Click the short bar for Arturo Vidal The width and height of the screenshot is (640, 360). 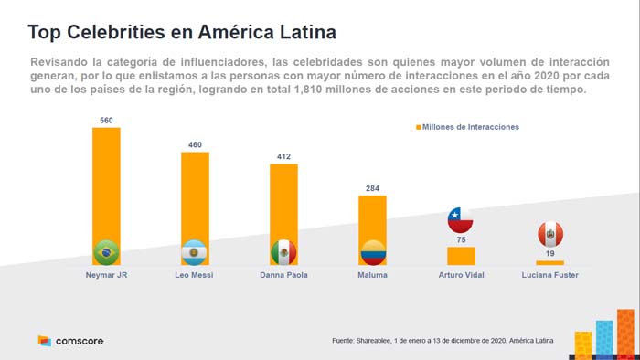pyautogui.click(x=461, y=256)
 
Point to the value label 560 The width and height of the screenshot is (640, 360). pyautogui.click(x=106, y=120)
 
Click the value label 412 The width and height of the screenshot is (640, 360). pyautogui.click(x=283, y=156)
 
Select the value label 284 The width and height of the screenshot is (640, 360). pyautogui.click(x=372, y=188)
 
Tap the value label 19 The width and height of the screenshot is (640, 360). pyautogui.click(x=549, y=254)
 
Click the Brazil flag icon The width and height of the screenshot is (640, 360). pyautogui.click(x=107, y=251)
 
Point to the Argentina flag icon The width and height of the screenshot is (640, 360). pyautogui.click(x=195, y=251)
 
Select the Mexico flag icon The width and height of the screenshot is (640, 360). pyautogui.click(x=283, y=251)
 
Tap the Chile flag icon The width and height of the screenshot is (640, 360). pyautogui.click(x=461, y=220)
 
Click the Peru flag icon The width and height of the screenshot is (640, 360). pyautogui.click(x=549, y=234)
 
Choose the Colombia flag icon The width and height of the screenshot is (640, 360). pyautogui.click(x=372, y=251)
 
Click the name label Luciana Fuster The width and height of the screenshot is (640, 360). pyautogui.click(x=549, y=275)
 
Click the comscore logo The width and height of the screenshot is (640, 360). pyautogui.click(x=70, y=341)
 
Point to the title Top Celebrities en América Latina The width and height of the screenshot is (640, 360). pyautogui.click(x=181, y=32)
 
